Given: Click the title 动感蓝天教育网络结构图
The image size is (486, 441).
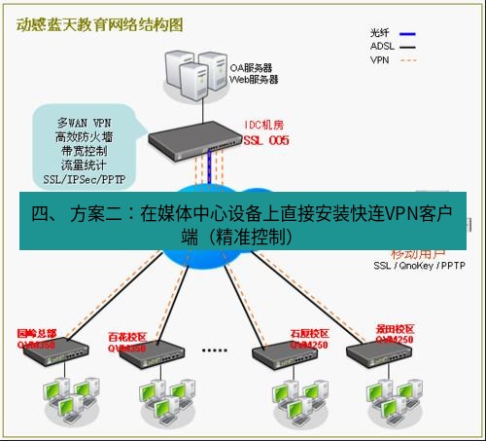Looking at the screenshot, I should point(99,24).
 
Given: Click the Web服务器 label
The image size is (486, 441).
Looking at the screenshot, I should point(254,80).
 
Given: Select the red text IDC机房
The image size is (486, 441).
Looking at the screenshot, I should point(264,127).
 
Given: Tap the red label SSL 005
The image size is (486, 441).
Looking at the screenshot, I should point(267,140).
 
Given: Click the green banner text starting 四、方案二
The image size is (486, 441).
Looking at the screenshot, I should point(243,222).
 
